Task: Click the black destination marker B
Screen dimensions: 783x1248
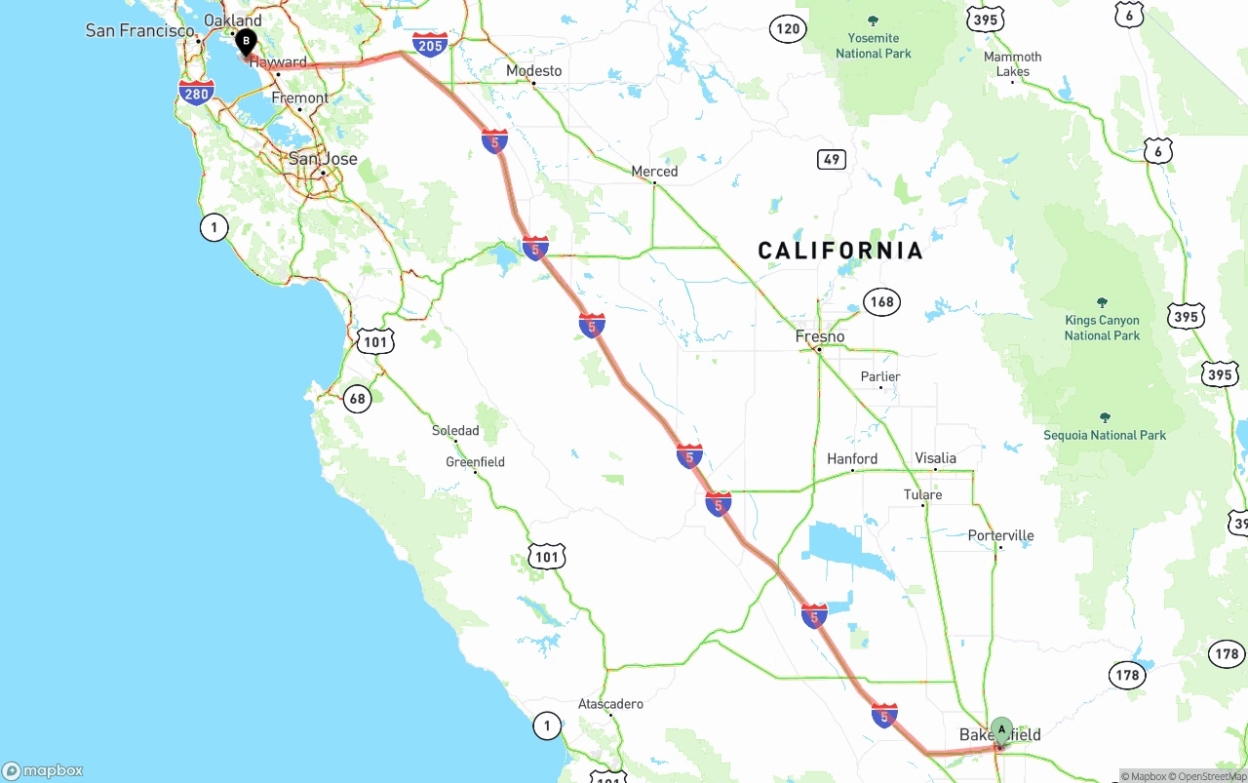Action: [247, 42]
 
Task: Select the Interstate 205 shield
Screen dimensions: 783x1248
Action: [430, 44]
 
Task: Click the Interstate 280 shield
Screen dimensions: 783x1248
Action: [197, 94]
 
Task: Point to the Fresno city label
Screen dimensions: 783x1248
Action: [820, 336]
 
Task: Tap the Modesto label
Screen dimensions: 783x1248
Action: [533, 70]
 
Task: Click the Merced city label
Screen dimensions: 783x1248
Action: [654, 171]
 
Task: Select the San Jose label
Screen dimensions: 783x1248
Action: [323, 159]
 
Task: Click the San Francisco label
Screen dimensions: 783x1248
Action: [140, 30]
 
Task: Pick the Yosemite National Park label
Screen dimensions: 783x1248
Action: [873, 45]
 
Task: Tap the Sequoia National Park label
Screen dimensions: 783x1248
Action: [1105, 435]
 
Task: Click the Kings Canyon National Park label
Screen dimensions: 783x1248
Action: [1102, 328]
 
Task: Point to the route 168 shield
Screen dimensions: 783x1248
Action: [881, 301]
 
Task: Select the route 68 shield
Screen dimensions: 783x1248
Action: [358, 398]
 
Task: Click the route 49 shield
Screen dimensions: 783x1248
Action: [831, 159]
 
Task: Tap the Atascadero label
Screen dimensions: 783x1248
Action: [610, 703]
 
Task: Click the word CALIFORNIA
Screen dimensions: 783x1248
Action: [840, 251]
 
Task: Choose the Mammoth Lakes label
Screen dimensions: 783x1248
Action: [1012, 63]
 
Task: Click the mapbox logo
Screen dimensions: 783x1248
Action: [43, 770]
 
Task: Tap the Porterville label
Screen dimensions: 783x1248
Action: [1000, 535]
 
